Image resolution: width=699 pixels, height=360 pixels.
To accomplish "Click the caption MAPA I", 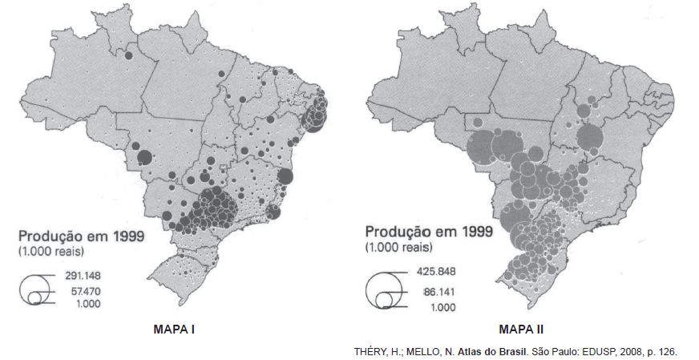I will (174, 329).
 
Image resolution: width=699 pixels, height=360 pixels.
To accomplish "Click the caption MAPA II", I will (522, 329).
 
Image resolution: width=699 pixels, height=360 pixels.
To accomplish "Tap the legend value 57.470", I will (82, 289).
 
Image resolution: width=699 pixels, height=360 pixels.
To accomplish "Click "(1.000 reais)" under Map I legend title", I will (52, 252).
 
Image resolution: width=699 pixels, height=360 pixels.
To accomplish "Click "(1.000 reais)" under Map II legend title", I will (399, 247).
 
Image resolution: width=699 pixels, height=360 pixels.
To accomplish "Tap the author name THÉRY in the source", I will (370, 351).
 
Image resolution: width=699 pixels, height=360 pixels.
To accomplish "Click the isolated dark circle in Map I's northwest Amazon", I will (127, 56).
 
